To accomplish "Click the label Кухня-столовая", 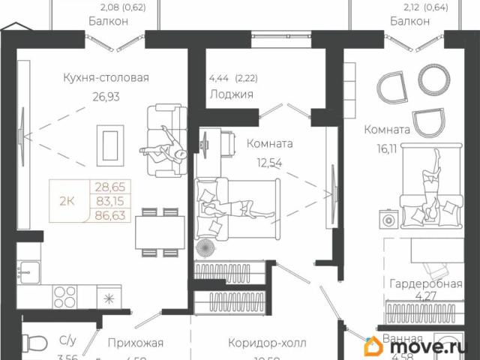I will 106,77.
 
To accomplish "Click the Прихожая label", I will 135,343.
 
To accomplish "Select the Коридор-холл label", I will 267,343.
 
